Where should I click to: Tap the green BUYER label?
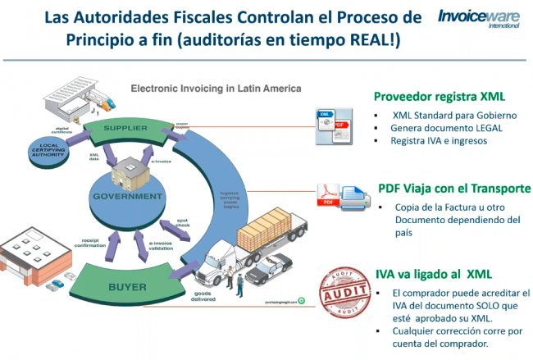[127, 288]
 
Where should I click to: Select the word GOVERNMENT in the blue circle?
[127, 197]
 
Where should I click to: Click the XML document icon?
[335, 122]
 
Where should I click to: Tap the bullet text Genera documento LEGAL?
[446, 128]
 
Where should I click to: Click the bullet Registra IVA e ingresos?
[440, 141]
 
